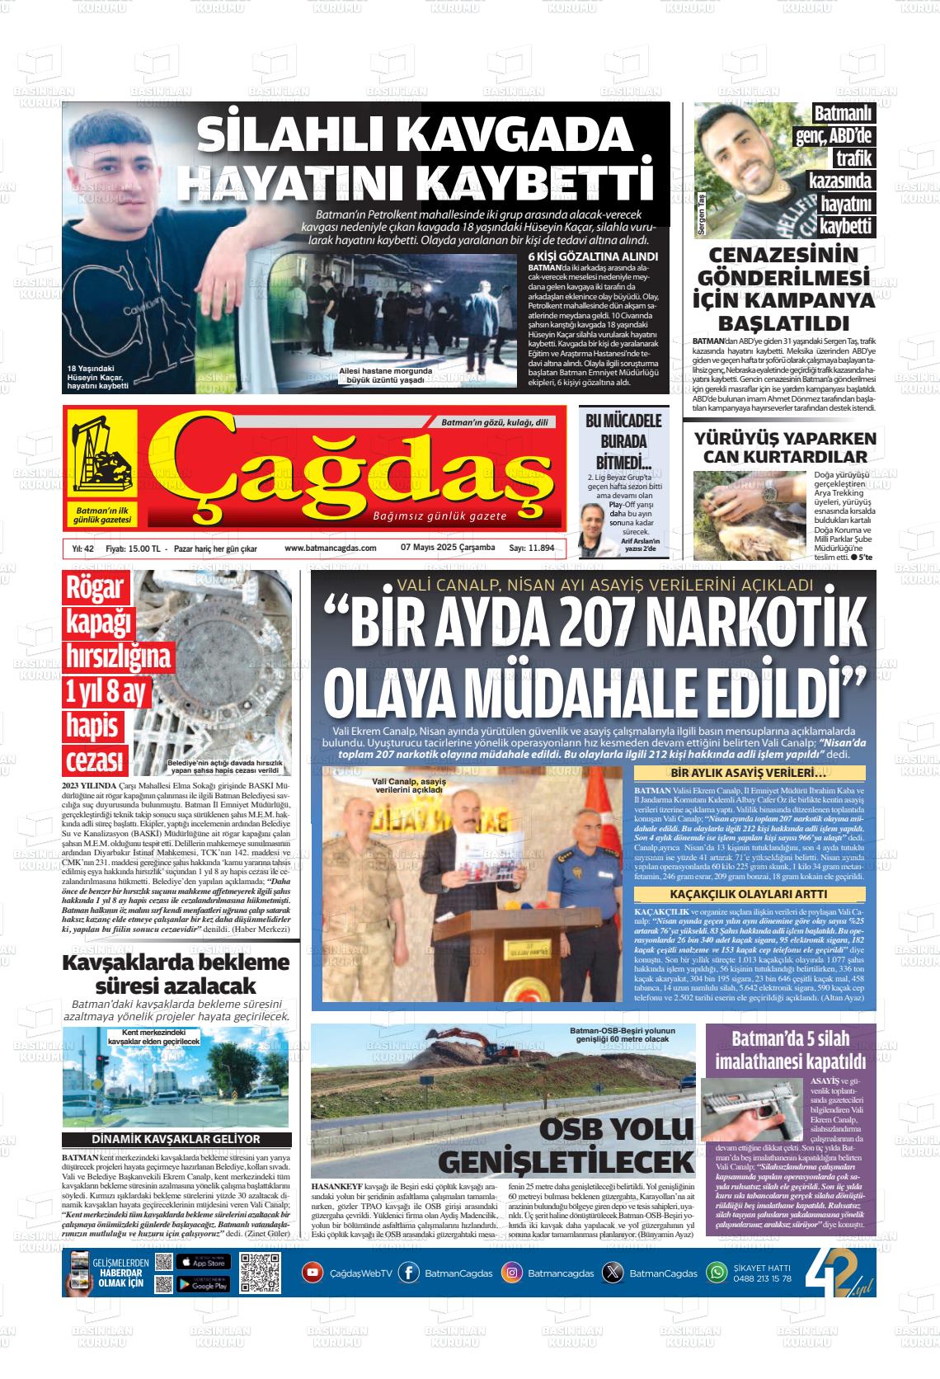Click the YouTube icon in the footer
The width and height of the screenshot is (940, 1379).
pos(313,1272)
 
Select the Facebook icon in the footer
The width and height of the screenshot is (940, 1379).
pos(408,1273)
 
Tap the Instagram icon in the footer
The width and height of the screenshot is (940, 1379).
pos(512,1273)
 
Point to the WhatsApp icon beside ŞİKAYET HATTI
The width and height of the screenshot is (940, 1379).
pos(717,1273)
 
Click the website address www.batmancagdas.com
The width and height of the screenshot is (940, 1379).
pos(330,548)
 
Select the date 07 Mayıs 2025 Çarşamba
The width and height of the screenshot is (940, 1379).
pos(448,548)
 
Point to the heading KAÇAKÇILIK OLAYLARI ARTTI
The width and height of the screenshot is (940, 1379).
pos(749,894)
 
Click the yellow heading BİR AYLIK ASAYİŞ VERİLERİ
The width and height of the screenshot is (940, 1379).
pos(749,774)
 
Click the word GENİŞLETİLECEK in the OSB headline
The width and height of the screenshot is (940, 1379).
pos(566,1162)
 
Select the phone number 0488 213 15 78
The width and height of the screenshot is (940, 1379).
pos(762,1278)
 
